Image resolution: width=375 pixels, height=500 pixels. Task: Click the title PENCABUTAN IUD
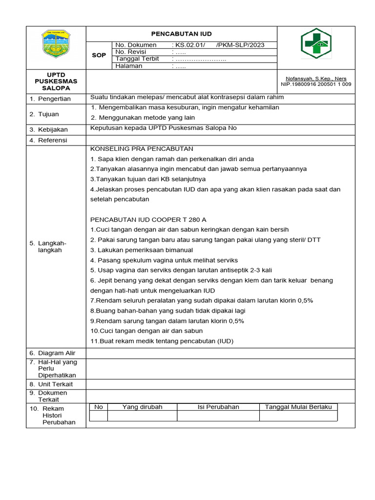[181, 34]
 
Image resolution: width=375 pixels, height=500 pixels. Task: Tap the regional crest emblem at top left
[56, 44]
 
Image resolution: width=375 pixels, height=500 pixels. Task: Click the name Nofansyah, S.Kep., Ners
[316, 79]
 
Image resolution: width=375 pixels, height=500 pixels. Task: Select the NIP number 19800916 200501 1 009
[316, 84]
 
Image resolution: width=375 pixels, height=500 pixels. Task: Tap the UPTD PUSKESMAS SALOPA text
[56, 81]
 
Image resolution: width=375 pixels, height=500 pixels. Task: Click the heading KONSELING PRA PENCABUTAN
[142, 148]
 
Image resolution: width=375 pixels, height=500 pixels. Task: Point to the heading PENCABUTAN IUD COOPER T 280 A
[148, 220]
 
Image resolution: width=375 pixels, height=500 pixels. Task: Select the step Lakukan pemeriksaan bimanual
[143, 250]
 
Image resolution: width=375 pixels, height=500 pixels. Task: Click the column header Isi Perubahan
[218, 407]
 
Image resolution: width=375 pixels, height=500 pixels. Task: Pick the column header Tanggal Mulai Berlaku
[298, 407]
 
